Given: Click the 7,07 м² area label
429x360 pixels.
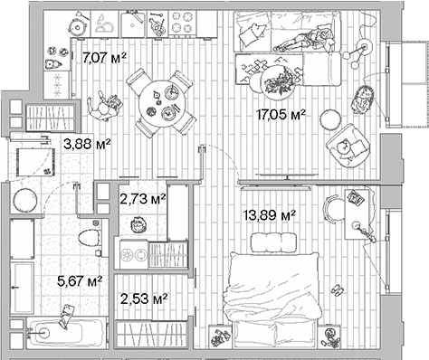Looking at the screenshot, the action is click(104, 60).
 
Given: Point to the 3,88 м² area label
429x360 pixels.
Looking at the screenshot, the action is click(86, 142).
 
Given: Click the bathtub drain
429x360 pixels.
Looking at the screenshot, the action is click(39, 332).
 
